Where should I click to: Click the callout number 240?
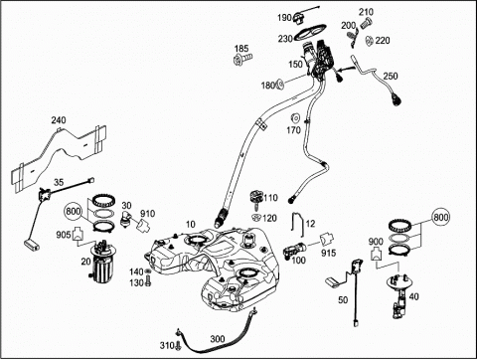tap(59, 119)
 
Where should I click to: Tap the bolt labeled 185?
tap(242, 60)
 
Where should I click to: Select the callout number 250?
tap(391, 76)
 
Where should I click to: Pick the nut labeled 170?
tap(294, 118)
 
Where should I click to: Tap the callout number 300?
tap(218, 339)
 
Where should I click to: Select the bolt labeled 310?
tap(179, 345)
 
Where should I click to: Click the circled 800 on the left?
tap(74, 211)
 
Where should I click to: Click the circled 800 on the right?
tap(441, 217)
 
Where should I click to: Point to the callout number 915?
tap(328, 253)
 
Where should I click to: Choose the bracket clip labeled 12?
tap(297, 224)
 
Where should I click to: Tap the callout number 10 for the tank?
tap(191, 225)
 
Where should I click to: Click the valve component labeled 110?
tap(256, 199)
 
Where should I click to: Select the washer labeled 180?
tap(279, 85)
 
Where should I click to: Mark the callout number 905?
tap(64, 235)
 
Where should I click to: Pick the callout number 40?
tap(413, 296)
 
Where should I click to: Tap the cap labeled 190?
tap(299, 17)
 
